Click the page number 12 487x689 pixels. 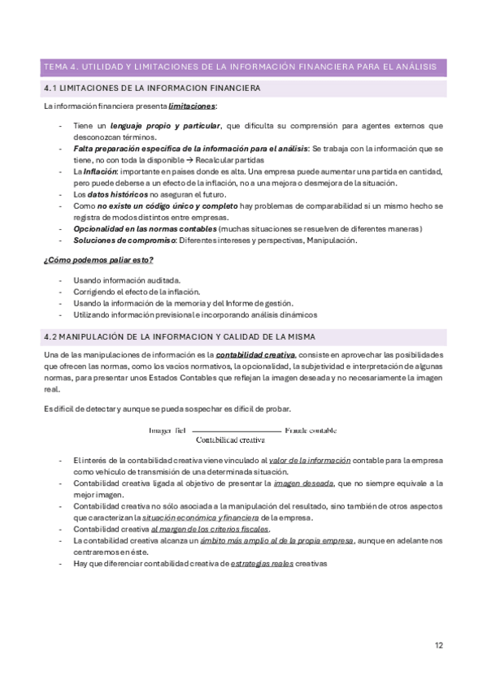(x=439, y=646)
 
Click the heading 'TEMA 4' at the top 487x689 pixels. (x=59, y=66)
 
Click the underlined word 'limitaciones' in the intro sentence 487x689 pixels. (x=193, y=106)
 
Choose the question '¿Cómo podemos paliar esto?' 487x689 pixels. (x=98, y=260)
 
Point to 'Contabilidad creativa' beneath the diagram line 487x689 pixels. (x=232, y=441)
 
